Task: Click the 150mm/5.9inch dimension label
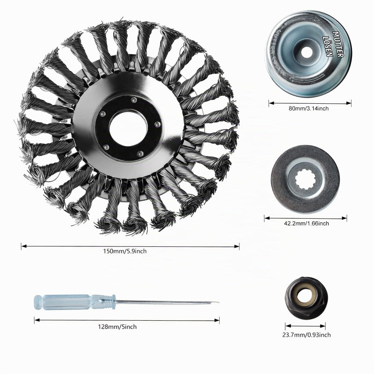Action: [x=125, y=251]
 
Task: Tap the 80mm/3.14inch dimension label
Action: [x=309, y=108]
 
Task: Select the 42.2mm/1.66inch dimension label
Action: [x=306, y=223]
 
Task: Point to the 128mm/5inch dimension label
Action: [x=117, y=326]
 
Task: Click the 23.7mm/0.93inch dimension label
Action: [x=307, y=335]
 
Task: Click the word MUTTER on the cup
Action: [x=338, y=44]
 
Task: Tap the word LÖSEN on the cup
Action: [x=328, y=46]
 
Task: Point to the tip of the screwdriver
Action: [x=218, y=303]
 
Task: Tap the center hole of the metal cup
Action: [x=307, y=52]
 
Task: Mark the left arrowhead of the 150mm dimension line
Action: [x=23, y=246]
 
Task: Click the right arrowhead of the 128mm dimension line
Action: [x=217, y=320]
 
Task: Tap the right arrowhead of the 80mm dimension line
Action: [x=349, y=103]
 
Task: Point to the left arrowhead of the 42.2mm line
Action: [x=267, y=218]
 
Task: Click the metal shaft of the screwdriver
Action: [x=167, y=302]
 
